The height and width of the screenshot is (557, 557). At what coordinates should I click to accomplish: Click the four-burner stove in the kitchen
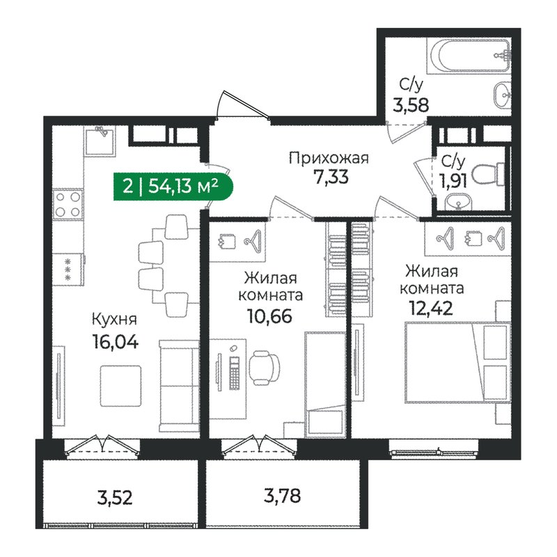tap(69, 204)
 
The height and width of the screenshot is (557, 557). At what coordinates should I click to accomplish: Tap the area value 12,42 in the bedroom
tap(432, 307)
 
